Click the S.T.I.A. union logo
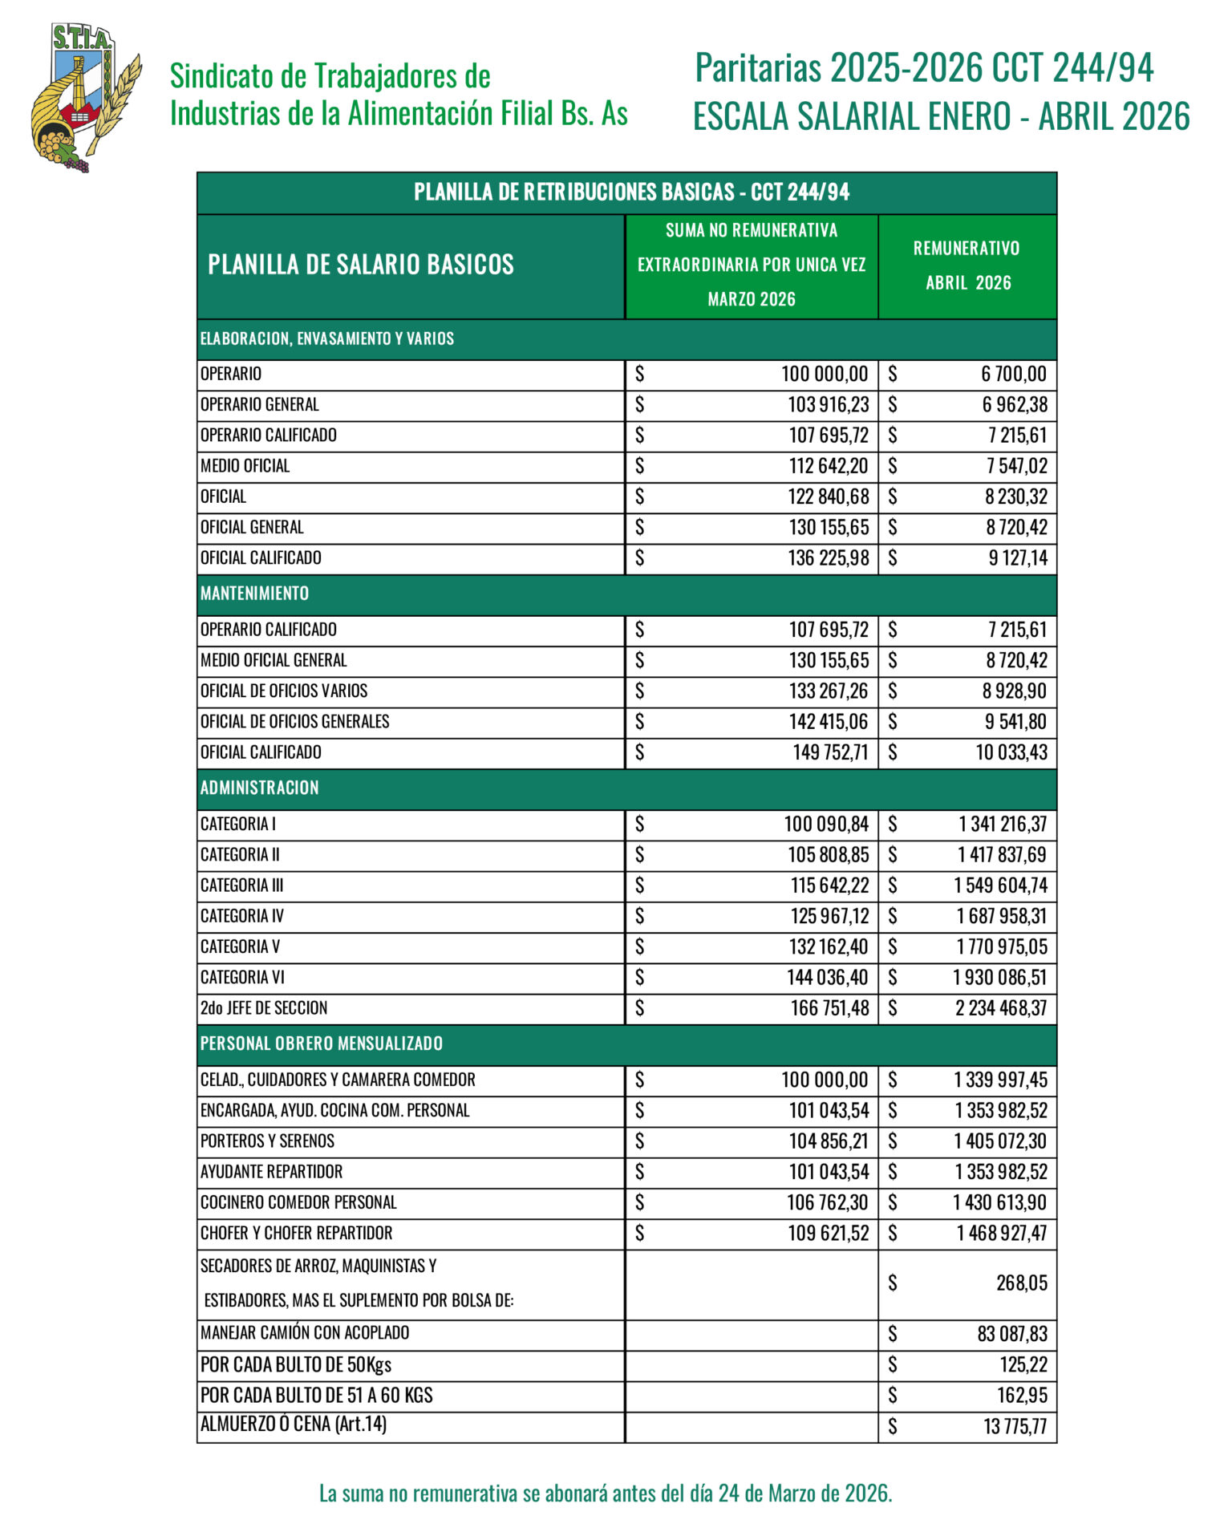(x=85, y=97)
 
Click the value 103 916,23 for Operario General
(x=828, y=405)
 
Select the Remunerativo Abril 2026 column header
(x=967, y=265)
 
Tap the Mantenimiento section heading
(x=254, y=594)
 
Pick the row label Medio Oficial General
(x=274, y=660)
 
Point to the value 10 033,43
(x=1011, y=752)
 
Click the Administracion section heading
(x=259, y=788)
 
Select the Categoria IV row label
(x=242, y=916)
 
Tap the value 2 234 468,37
(x=1000, y=1008)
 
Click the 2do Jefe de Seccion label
(x=264, y=1008)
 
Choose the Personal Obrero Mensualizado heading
(x=321, y=1044)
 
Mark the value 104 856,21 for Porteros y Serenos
(x=828, y=1141)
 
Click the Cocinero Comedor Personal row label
(x=298, y=1202)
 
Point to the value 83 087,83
(x=1012, y=1334)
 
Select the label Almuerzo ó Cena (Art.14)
(x=294, y=1424)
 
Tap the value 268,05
(x=1021, y=1283)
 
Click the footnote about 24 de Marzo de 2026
(x=606, y=1493)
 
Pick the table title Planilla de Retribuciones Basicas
(x=631, y=192)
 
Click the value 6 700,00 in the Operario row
(x=1013, y=374)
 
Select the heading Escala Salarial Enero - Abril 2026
(x=941, y=117)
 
